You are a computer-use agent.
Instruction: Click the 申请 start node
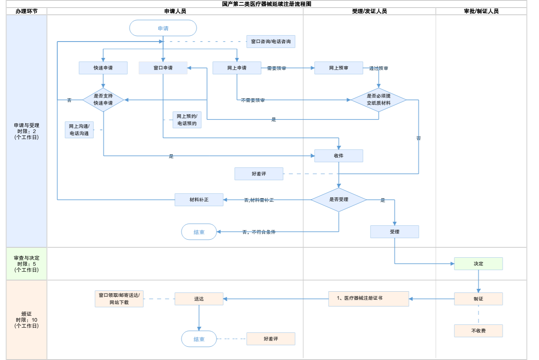point(163,28)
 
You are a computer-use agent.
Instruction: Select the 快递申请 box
point(103,68)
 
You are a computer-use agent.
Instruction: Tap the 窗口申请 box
point(163,68)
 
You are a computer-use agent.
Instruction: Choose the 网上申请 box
point(237,68)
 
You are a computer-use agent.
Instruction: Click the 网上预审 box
point(339,68)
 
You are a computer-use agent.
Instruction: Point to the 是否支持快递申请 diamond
point(103,99)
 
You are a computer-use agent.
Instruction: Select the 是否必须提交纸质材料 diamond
point(378,99)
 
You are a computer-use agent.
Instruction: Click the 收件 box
point(339,156)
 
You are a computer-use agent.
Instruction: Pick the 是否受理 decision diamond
point(339,199)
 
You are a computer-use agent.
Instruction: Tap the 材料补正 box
point(199,200)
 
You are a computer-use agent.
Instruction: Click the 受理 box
point(394,232)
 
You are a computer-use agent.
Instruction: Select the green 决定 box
point(478,264)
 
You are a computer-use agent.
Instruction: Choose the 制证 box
point(478,299)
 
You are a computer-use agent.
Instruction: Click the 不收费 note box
point(478,331)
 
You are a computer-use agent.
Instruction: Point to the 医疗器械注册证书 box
point(369,298)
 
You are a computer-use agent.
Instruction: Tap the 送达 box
point(199,299)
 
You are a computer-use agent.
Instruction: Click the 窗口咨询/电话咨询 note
point(271,42)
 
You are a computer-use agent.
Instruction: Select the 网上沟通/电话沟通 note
point(79,130)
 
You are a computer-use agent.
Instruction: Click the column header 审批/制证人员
point(481,11)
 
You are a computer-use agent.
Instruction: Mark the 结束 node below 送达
point(199,339)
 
